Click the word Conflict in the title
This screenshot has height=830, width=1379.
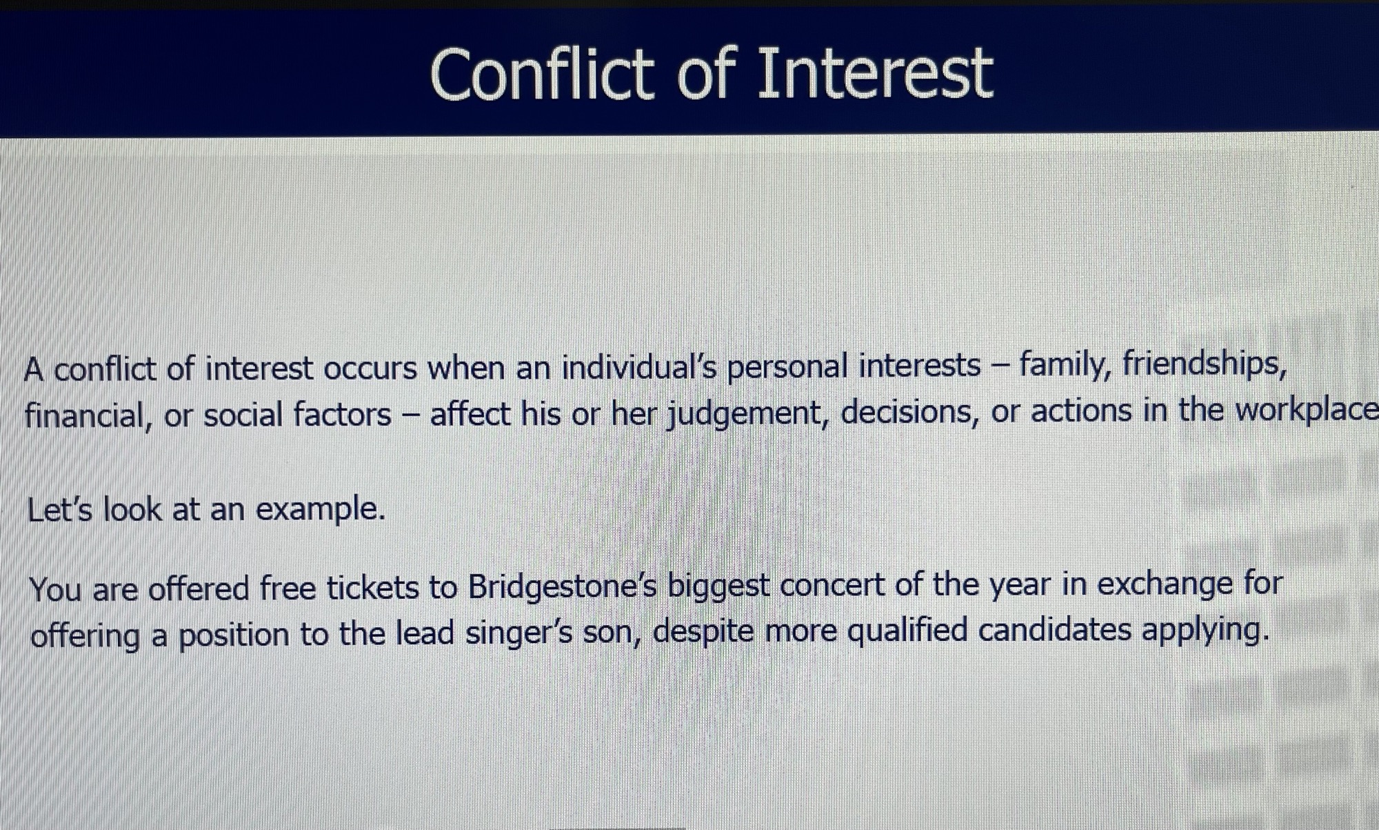tap(542, 73)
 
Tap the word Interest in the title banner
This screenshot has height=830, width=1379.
tap(875, 73)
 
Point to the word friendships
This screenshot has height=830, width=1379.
tap(1205, 364)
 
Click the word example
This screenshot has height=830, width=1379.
tap(321, 510)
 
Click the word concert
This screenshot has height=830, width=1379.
tap(832, 586)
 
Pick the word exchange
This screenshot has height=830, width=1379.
tap(1164, 584)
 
